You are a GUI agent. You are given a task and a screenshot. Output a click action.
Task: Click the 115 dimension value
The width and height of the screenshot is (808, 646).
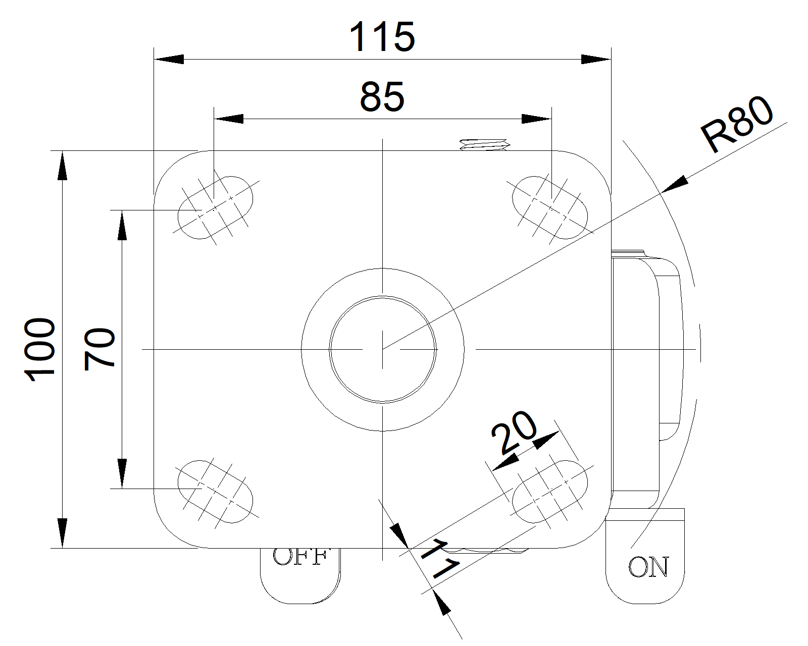click(x=382, y=37)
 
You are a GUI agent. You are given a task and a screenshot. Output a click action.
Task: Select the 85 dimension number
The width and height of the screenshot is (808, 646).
click(x=382, y=97)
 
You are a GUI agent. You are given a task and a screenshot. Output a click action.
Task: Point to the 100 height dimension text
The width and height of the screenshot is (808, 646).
click(x=40, y=349)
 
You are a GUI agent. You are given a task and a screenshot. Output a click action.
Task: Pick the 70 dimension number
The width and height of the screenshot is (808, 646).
click(x=100, y=349)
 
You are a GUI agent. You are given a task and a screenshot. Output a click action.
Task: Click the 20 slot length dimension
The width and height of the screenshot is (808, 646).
click(x=515, y=432)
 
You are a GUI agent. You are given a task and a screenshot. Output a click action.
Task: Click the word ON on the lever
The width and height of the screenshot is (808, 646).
click(x=648, y=567)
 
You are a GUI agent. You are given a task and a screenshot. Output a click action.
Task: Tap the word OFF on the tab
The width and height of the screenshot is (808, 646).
click(x=299, y=557)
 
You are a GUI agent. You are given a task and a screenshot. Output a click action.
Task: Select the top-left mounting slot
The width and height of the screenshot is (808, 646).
click(x=216, y=207)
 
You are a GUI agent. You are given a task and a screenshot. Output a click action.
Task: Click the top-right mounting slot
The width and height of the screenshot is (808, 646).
click(x=550, y=207)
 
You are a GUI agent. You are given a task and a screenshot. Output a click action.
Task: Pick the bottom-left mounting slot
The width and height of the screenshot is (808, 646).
click(x=216, y=491)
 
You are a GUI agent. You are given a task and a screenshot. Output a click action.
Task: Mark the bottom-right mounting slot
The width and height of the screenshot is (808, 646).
click(x=550, y=491)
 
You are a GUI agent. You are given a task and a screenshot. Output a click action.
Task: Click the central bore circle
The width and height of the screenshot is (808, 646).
click(x=383, y=349)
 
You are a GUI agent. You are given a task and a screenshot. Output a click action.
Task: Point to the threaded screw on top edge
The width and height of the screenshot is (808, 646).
click(x=484, y=145)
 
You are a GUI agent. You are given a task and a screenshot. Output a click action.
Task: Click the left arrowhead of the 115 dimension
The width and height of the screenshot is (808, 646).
click(x=169, y=60)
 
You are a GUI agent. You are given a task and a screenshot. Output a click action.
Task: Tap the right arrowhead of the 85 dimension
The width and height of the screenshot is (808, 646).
click(x=536, y=119)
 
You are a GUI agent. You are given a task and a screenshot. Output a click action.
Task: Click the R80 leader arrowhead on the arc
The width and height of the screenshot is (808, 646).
click(x=674, y=184)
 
